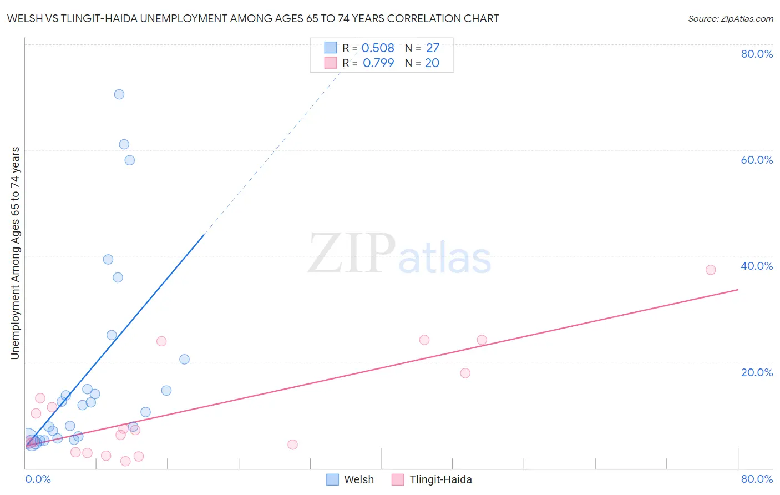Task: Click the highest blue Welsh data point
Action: [119, 94]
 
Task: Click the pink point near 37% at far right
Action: [711, 270]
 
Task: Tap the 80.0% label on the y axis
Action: [757, 54]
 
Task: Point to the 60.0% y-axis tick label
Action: [757, 160]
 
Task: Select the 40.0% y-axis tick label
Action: [757, 266]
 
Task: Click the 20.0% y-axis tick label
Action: [757, 372]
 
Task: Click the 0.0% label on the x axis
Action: [38, 479]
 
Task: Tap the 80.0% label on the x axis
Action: [757, 479]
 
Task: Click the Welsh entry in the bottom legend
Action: [358, 479]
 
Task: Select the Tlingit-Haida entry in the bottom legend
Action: [440, 479]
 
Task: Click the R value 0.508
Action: [378, 48]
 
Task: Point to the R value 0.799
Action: [378, 63]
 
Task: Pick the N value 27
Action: [433, 48]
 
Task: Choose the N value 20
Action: [432, 63]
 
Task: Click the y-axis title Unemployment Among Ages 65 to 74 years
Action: [15, 253]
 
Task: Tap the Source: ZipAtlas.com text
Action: [730, 18]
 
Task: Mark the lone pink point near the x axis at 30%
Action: [292, 445]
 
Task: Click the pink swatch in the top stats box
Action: [331, 63]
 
